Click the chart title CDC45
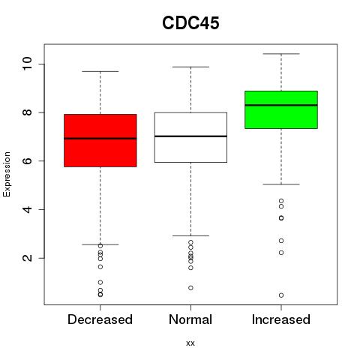pos(190,22)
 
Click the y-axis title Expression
pos(7,174)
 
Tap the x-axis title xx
pos(190,343)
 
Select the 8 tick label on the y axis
pos(27,112)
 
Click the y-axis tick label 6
pos(27,160)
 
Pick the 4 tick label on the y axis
pos(27,209)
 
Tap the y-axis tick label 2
pos(27,258)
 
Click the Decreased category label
pos(100,319)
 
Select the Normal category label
pos(190,319)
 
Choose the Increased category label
pos(281,319)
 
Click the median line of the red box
pos(100,138)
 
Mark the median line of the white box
pos(190,136)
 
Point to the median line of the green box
pos(281,105)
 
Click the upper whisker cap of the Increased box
pos(281,54)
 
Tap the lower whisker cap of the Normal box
pos(190,235)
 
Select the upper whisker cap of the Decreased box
pos(100,71)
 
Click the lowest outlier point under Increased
pos(281,295)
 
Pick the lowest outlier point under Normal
pos(190,288)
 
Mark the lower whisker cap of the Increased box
pos(281,184)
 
